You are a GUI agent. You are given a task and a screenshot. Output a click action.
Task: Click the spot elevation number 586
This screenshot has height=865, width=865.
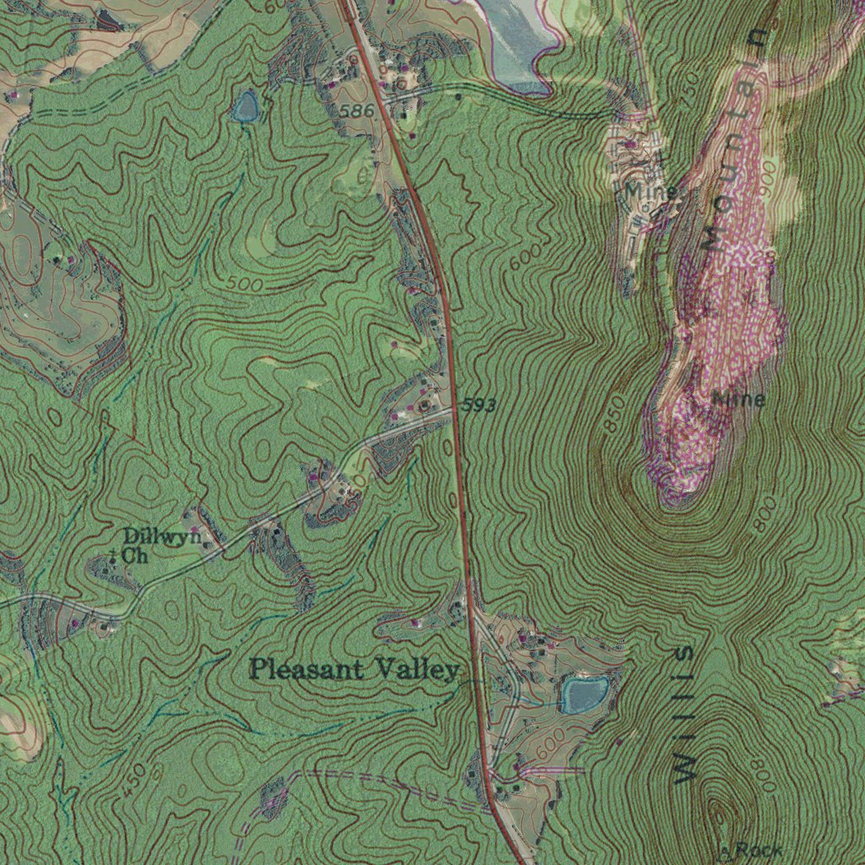(x=357, y=112)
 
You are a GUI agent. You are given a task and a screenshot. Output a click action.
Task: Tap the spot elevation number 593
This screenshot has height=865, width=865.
(x=479, y=406)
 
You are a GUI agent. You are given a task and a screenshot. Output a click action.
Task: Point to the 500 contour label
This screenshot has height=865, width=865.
(x=245, y=286)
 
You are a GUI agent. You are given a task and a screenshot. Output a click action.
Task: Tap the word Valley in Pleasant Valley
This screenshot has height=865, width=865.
(x=417, y=671)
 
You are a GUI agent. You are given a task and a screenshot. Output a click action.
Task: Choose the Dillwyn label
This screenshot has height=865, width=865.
(x=162, y=536)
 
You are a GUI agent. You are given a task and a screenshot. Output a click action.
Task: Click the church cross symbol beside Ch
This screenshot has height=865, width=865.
(x=112, y=556)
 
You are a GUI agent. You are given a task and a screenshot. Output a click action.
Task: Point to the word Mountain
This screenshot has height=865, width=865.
(x=731, y=139)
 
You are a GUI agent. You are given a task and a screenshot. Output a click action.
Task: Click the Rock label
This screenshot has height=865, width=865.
(x=758, y=851)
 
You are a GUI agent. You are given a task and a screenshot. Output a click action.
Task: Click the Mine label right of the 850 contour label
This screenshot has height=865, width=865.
(x=739, y=399)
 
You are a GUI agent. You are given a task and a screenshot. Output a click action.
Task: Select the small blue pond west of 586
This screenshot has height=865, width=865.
(x=246, y=106)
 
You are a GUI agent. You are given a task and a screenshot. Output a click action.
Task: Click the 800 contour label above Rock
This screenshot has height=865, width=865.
(x=762, y=775)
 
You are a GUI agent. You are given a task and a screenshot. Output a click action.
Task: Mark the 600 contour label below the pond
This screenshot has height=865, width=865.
(x=549, y=743)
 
